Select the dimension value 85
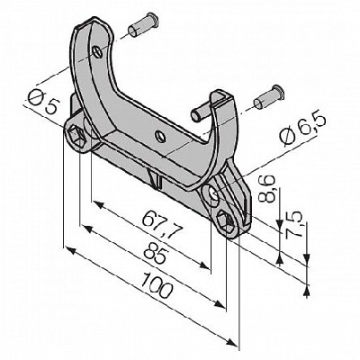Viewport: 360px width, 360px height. click(x=155, y=254)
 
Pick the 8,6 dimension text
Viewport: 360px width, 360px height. click(x=267, y=190)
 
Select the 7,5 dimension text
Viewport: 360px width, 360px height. click(x=293, y=225)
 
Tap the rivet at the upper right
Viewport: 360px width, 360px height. click(x=268, y=97)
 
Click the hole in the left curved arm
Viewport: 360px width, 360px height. click(x=98, y=52)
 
